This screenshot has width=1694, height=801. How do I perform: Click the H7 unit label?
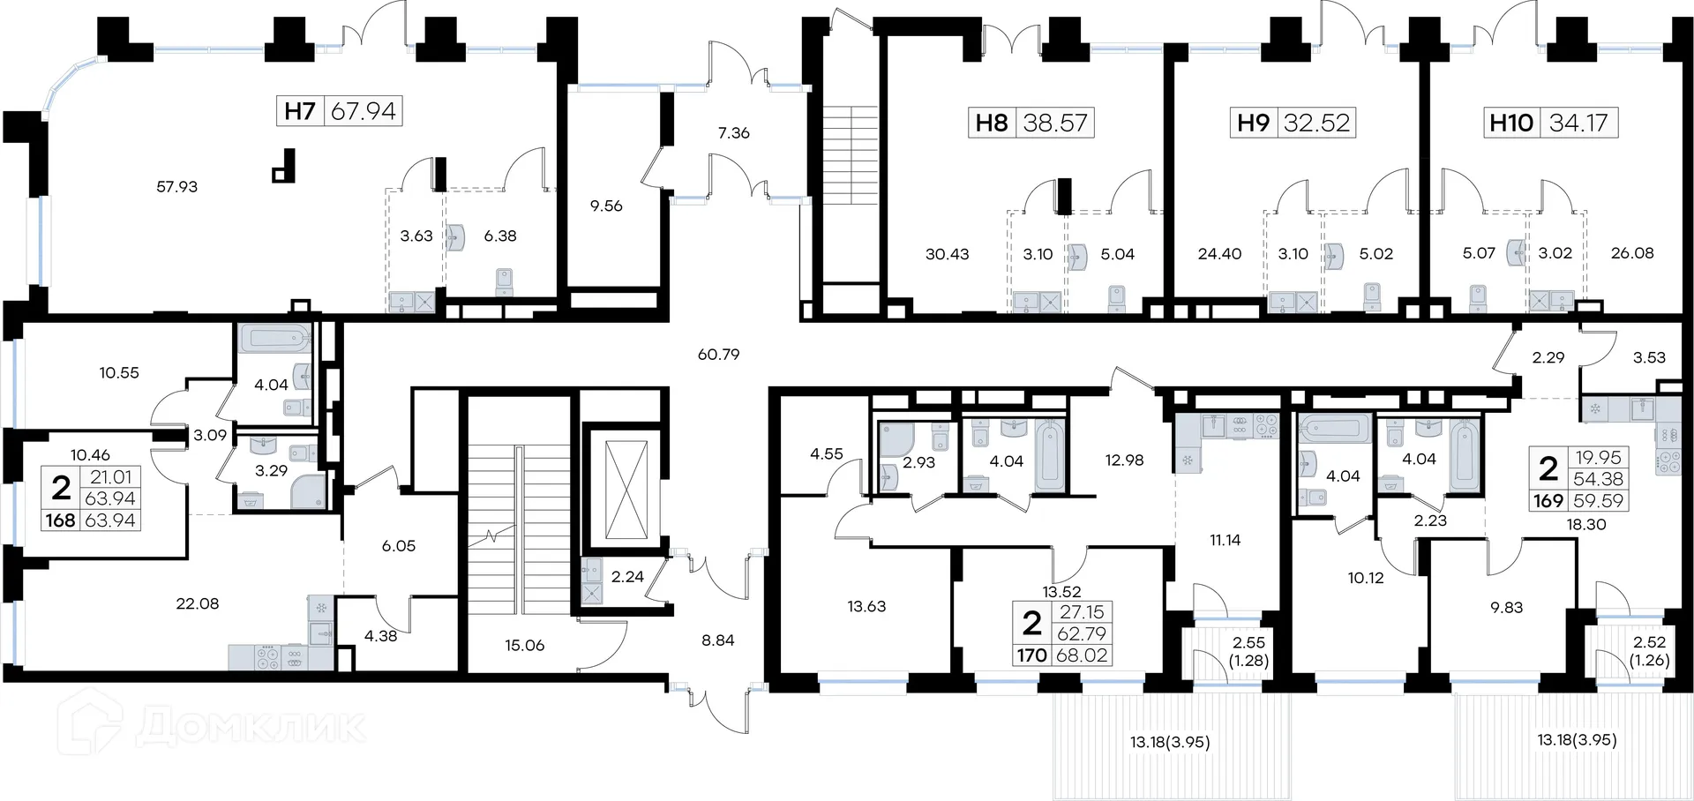[x=300, y=111]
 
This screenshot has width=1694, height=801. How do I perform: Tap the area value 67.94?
[x=364, y=111]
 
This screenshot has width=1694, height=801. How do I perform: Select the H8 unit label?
[x=992, y=123]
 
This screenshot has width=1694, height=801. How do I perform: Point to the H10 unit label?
[x=1511, y=123]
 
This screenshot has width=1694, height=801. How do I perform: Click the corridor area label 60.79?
[x=718, y=355]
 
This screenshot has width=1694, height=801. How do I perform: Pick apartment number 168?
[x=60, y=520]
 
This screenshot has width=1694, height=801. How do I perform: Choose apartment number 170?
[x=1031, y=655]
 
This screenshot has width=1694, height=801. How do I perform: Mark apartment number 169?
[x=1548, y=501]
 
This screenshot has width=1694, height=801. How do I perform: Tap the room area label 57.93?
[x=176, y=187]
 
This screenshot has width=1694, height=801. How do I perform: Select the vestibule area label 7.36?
[x=733, y=133]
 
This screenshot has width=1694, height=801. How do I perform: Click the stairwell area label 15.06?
[x=524, y=646]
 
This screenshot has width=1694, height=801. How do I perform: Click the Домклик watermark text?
[x=251, y=726]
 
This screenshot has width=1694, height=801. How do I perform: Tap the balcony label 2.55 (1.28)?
[x=1249, y=651]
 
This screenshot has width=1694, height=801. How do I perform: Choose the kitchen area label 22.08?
[x=197, y=604]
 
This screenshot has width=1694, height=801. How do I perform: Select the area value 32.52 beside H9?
[x=1317, y=123]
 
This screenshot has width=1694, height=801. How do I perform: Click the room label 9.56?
[x=606, y=206]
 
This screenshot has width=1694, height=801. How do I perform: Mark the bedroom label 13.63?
[x=866, y=607]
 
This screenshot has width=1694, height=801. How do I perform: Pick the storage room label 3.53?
[x=1649, y=358]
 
